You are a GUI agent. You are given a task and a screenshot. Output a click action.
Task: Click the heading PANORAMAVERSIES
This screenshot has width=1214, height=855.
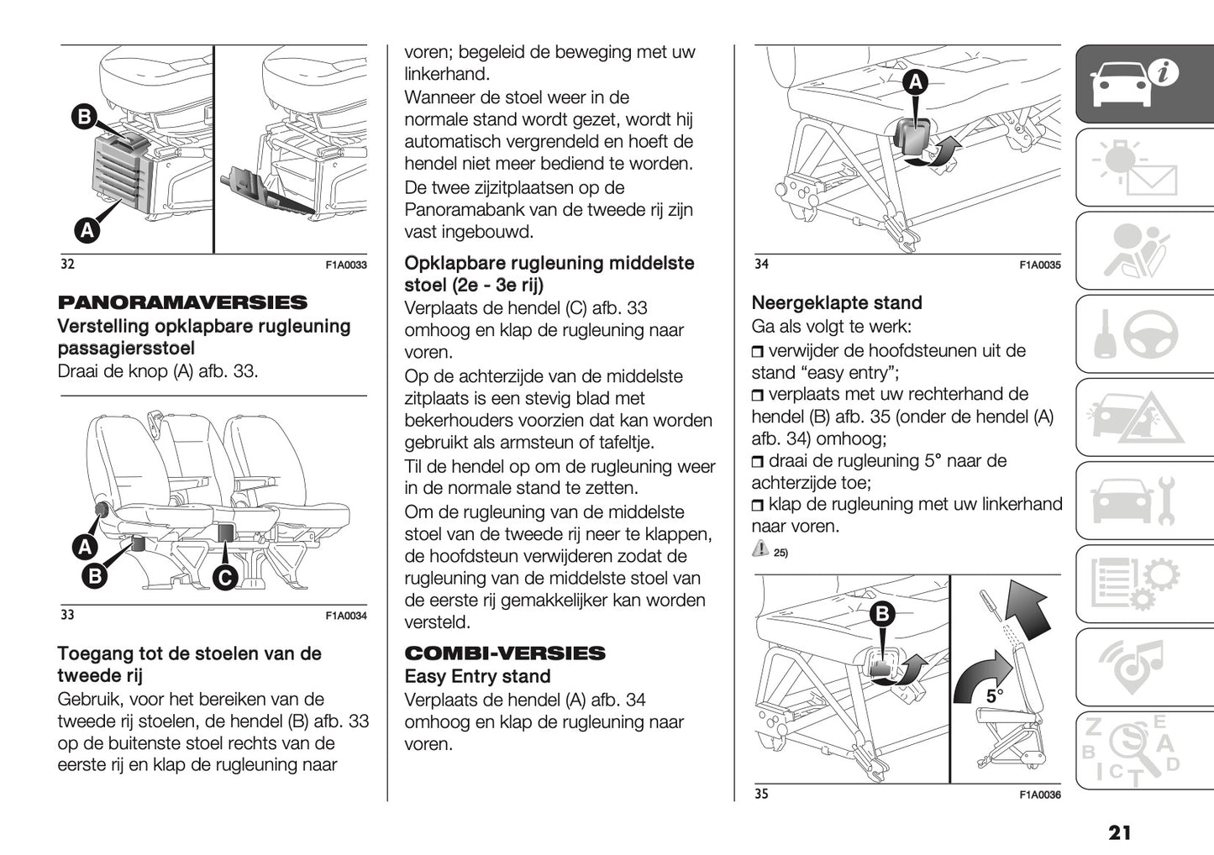[182, 302]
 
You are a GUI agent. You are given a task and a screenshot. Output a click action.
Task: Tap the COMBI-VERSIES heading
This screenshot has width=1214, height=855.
[505, 653]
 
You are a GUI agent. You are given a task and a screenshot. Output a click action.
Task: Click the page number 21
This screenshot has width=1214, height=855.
[1119, 832]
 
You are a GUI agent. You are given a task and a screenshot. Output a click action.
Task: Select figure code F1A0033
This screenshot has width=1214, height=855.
[346, 265]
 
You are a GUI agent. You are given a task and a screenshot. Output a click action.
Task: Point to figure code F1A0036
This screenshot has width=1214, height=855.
[1040, 795]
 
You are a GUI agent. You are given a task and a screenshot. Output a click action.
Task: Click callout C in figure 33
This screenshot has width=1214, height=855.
[225, 577]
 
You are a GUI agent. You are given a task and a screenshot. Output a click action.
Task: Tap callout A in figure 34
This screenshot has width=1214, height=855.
[915, 82]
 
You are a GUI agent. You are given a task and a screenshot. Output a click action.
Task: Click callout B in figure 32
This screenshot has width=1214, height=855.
[84, 116]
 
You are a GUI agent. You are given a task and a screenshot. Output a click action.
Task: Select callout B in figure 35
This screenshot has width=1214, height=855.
[882, 615]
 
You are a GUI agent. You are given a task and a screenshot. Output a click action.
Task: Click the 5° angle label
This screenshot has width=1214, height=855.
[994, 696]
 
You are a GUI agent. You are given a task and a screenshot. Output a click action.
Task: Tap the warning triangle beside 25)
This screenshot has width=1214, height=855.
[760, 548]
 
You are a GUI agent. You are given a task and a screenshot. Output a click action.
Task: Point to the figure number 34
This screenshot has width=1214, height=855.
[761, 265]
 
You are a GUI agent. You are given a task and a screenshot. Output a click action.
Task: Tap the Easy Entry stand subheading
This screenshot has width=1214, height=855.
[477, 677]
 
